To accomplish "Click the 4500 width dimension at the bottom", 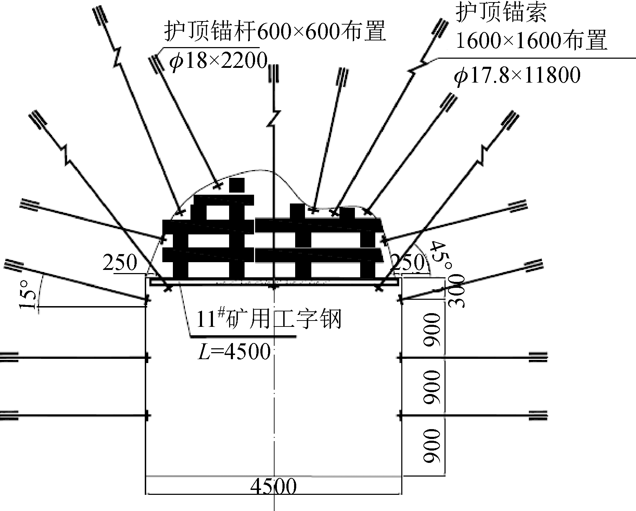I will [273, 486].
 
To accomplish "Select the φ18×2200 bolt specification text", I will [218, 61].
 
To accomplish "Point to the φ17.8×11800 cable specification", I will [517, 75].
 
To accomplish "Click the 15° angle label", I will [28, 294].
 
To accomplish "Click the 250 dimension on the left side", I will [119, 263].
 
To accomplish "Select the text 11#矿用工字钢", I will [268, 320].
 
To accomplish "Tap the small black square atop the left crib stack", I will [236, 185].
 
